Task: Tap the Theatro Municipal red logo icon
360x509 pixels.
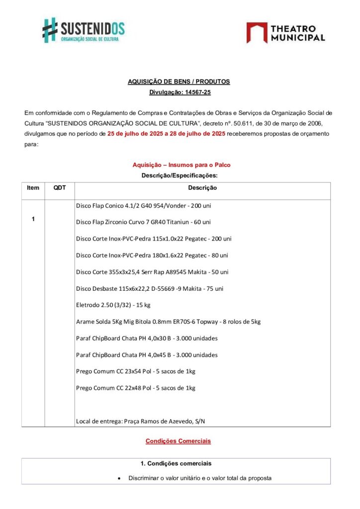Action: (256, 33)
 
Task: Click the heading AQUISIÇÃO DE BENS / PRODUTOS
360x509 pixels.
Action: (179, 82)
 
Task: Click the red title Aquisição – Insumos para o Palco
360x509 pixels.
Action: (181, 165)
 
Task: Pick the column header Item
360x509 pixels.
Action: (33, 188)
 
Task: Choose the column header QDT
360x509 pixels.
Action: (59, 188)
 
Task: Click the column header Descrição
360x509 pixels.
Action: (202, 188)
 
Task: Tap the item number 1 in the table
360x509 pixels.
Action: (33, 219)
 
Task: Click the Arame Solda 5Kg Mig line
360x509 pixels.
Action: (168, 322)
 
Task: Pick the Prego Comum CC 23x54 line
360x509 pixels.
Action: (135, 372)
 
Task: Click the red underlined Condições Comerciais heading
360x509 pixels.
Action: (178, 441)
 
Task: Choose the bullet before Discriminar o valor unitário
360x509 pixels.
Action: (119, 478)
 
